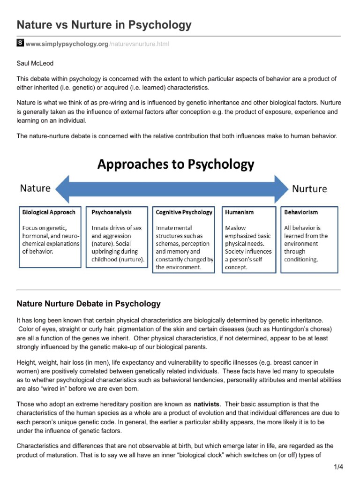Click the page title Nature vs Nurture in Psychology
pyautogui.click(x=104, y=25)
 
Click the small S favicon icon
pyautogui.click(x=20, y=44)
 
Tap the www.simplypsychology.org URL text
pyautogui.click(x=67, y=44)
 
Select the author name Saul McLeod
pyautogui.click(x=35, y=62)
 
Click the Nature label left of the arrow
pyautogui.click(x=35, y=188)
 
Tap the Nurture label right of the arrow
pyautogui.click(x=309, y=189)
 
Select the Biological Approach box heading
pyautogui.click(x=49, y=212)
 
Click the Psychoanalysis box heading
pyautogui.click(x=112, y=212)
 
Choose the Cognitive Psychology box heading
pyautogui.click(x=184, y=212)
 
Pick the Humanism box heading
pyautogui.click(x=239, y=212)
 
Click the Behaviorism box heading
pyautogui.click(x=301, y=212)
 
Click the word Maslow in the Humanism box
pyautogui.click(x=235, y=228)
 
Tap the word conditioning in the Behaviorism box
pyautogui.click(x=301, y=259)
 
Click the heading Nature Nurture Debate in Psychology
pyautogui.click(x=89, y=304)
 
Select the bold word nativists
pyautogui.click(x=207, y=404)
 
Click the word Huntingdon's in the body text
pyautogui.click(x=292, y=329)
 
